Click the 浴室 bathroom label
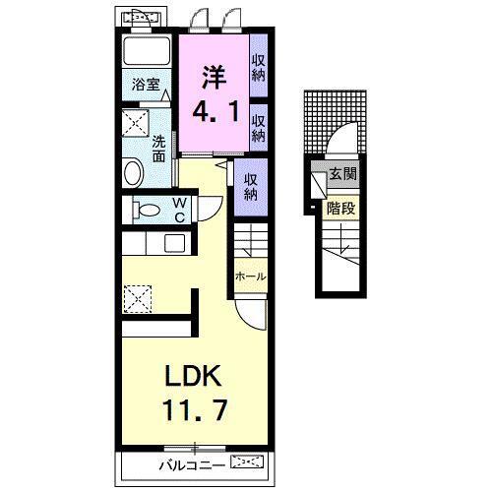pos(146,85)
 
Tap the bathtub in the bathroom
pos(147,51)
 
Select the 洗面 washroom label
pos(158,149)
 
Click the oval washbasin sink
pos(134,172)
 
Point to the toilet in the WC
pos(147,210)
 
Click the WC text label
pos(180,210)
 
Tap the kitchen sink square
pos(175,243)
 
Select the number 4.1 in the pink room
pos(215,111)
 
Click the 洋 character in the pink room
pos(215,77)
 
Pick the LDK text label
pos(193,376)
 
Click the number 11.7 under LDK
pos(195,410)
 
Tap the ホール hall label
pos(250,277)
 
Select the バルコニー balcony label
pos(192,464)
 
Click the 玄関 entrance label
pos(343,174)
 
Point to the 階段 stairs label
pos(341,208)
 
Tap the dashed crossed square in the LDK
pos(138,299)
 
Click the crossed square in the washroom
pos(136,123)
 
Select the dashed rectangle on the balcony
pos(247,461)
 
